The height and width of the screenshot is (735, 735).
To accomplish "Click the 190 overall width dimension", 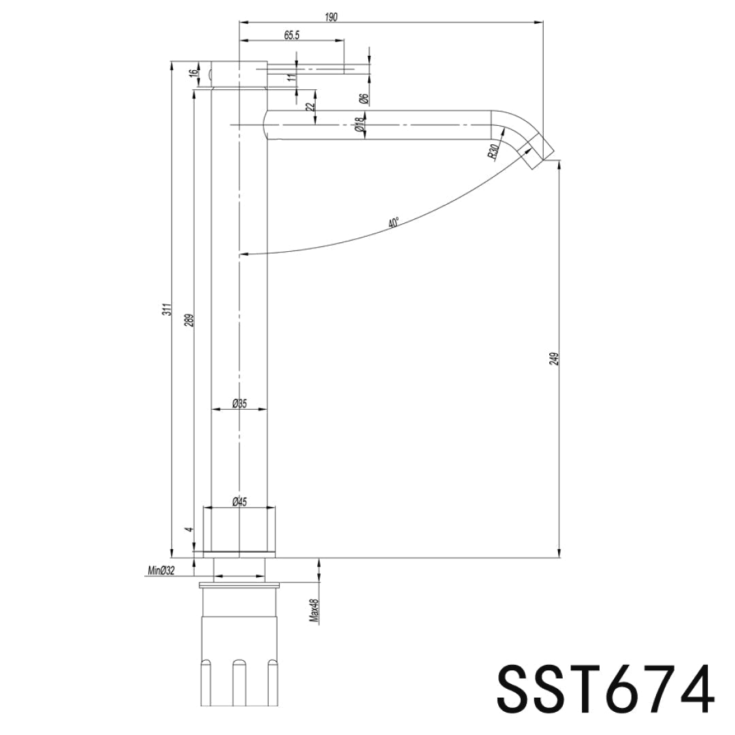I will pos(331,16).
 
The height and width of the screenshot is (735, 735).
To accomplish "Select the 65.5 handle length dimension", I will pos(292,35).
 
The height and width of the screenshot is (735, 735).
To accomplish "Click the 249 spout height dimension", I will pos(554,359).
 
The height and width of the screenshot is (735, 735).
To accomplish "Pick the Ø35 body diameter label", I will pos(239,404).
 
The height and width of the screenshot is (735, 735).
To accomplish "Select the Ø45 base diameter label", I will pos(239,502).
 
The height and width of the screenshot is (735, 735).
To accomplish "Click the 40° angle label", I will pos(393,223).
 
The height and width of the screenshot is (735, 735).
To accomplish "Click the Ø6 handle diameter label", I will pos(364,99).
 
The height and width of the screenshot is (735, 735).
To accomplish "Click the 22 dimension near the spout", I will pos(310,107).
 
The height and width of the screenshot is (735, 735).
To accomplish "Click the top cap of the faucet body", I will pos(238,74).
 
